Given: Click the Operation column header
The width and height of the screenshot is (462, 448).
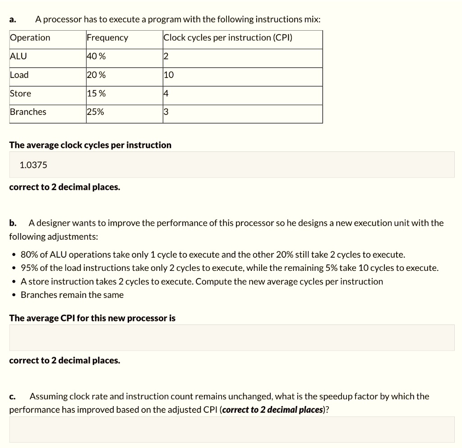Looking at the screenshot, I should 30,38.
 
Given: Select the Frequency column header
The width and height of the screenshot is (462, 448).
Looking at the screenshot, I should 107,38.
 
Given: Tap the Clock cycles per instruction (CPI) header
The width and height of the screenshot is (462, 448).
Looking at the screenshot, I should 228,38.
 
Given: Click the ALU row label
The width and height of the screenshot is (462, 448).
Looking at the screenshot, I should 18,56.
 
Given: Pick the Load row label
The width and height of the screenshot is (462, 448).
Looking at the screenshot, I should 19,75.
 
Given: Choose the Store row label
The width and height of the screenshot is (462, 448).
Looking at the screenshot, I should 21,94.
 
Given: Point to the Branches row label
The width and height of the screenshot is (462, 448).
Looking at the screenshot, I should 28,112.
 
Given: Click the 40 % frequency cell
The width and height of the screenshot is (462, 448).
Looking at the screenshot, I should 96,56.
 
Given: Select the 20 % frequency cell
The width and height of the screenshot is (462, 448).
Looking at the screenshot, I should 96,75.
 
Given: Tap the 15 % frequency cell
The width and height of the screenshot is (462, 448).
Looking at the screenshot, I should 96,94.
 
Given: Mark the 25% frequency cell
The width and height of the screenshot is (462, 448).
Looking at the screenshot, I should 95,112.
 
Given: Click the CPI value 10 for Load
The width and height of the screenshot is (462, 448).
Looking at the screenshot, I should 169,75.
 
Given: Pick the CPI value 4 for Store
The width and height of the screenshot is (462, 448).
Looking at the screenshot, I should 166,94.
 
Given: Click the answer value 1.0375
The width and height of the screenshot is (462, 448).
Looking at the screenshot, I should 33,165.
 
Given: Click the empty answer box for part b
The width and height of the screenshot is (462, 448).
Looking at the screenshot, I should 231,338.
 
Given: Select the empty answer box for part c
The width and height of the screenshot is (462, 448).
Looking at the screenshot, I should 231,430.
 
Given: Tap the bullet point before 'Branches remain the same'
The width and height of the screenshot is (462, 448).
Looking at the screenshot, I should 14,295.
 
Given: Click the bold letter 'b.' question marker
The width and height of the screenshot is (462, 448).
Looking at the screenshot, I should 13,223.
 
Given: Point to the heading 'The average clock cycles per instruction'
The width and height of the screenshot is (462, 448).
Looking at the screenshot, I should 90,145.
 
